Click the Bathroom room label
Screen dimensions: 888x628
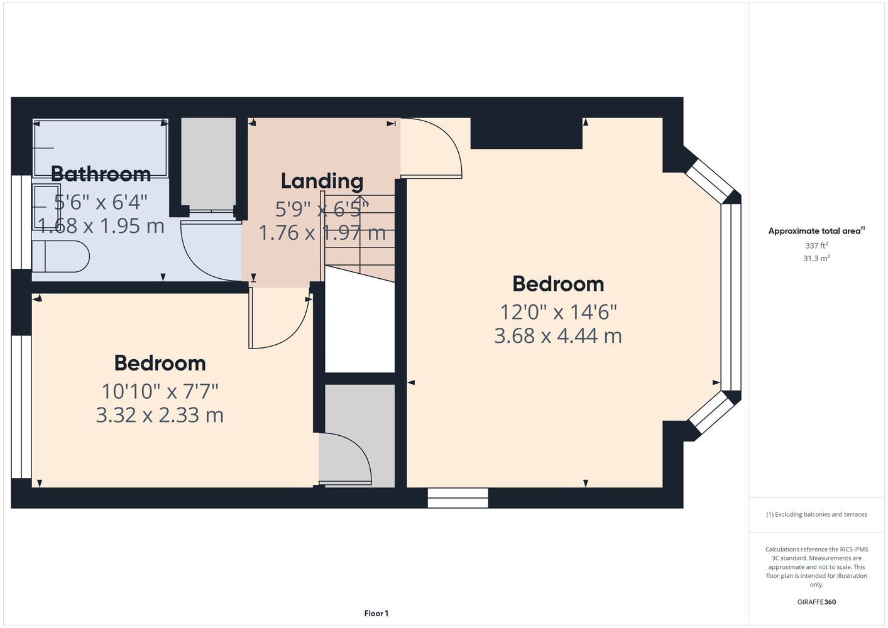tap(101, 174)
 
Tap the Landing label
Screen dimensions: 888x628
tap(322, 181)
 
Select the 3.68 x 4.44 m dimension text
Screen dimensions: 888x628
tap(558, 335)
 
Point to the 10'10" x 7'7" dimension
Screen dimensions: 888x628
tap(160, 391)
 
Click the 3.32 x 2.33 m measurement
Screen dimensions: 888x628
tap(160, 415)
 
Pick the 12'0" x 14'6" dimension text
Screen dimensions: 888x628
tap(558, 312)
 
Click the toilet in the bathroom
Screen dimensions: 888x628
tap(61, 256)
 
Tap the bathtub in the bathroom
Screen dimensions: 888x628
tap(101, 148)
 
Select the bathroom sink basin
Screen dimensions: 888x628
tap(47, 207)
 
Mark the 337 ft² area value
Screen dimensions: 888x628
tap(816, 246)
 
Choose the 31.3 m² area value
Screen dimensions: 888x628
tap(816, 258)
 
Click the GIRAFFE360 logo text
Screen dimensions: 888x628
tap(816, 602)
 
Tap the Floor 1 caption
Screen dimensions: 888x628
tap(376, 614)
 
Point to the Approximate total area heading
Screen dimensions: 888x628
tap(816, 230)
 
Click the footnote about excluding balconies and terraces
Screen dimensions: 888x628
tap(816, 514)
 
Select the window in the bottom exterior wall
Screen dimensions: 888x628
tap(458, 498)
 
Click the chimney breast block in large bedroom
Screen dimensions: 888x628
tap(527, 133)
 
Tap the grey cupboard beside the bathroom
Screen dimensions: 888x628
tap(208, 164)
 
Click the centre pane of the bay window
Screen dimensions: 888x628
tap(731, 297)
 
